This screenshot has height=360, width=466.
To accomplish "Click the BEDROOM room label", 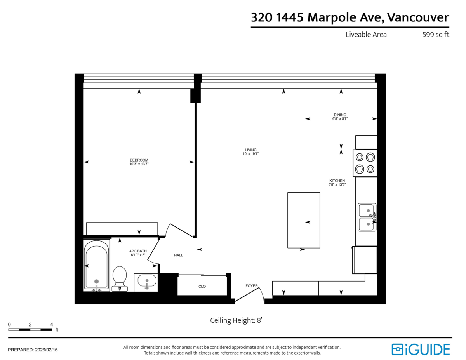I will (139, 160).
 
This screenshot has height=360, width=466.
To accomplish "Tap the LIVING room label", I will (250, 150).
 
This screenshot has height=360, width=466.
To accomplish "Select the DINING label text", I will (340, 115).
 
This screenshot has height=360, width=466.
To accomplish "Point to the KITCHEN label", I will (337, 181).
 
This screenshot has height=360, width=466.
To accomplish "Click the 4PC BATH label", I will (138, 251).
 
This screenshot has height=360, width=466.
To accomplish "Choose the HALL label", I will (178, 255).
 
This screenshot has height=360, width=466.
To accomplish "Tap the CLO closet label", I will (202, 287).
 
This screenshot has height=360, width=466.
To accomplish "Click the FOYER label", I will (252, 286).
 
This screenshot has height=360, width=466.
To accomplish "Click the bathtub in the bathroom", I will (96, 265).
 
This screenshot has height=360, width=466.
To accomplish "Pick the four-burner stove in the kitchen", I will (365, 163).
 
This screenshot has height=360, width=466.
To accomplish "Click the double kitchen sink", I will (367, 217).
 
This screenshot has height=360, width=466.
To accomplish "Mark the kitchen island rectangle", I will (304, 220).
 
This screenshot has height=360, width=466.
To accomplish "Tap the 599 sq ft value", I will (436, 35).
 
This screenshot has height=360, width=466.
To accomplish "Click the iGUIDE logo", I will (421, 349).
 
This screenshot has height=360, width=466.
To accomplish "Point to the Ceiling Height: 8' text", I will (237, 320).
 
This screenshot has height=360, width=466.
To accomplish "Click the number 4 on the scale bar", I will (51, 325).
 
